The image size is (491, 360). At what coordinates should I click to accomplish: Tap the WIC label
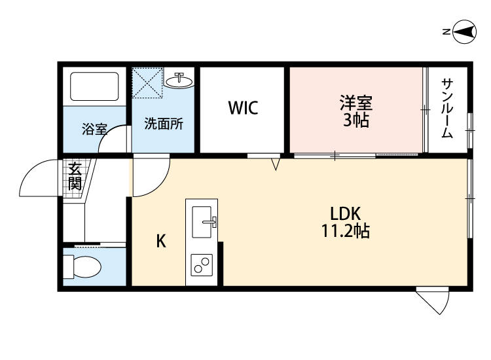[x=243, y=108]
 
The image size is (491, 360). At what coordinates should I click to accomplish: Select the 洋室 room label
[x=355, y=103]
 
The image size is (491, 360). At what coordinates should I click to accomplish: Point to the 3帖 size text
[x=355, y=120]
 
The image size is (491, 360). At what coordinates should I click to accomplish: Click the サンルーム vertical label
[x=447, y=108]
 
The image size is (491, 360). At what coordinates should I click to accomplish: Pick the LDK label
[x=346, y=213]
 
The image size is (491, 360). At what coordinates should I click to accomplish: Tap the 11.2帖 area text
[x=346, y=231]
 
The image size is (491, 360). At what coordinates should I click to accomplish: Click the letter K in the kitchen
[x=160, y=242]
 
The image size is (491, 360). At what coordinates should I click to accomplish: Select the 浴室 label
[x=94, y=129]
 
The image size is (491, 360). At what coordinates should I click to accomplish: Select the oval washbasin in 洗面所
[x=179, y=81]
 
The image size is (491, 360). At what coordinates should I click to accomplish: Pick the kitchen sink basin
[x=203, y=221]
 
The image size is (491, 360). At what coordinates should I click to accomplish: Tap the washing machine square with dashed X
[x=147, y=83]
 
